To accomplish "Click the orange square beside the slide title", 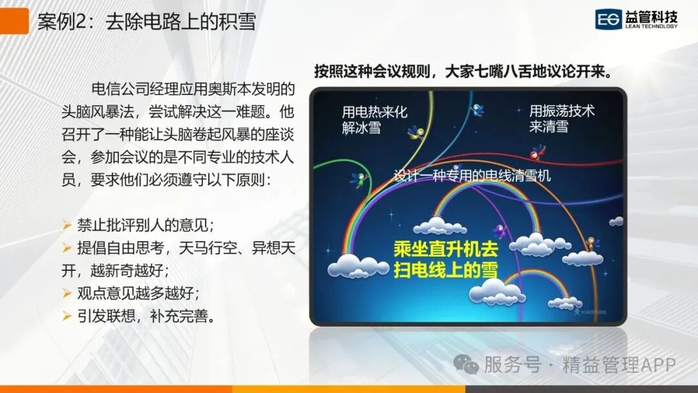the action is [14, 21].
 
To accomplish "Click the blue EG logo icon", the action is [608, 19].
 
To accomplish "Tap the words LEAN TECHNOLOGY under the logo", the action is [651, 27].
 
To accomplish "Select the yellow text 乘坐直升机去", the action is [445, 250].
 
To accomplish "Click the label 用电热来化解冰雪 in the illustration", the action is [374, 120].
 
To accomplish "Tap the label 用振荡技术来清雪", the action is [562, 118].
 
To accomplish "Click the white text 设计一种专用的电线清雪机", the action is [472, 176].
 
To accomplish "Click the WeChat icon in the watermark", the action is [465, 365].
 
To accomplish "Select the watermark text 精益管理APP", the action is [619, 365].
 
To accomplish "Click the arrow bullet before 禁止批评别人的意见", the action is [67, 225].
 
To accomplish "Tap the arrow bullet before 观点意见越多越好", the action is [67, 293].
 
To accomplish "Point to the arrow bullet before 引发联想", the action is [67, 316].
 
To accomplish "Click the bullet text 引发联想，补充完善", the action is [147, 316].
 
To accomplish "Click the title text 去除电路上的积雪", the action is [181, 21].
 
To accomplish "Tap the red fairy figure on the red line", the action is [537, 152].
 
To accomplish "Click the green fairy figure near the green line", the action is [359, 180].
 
